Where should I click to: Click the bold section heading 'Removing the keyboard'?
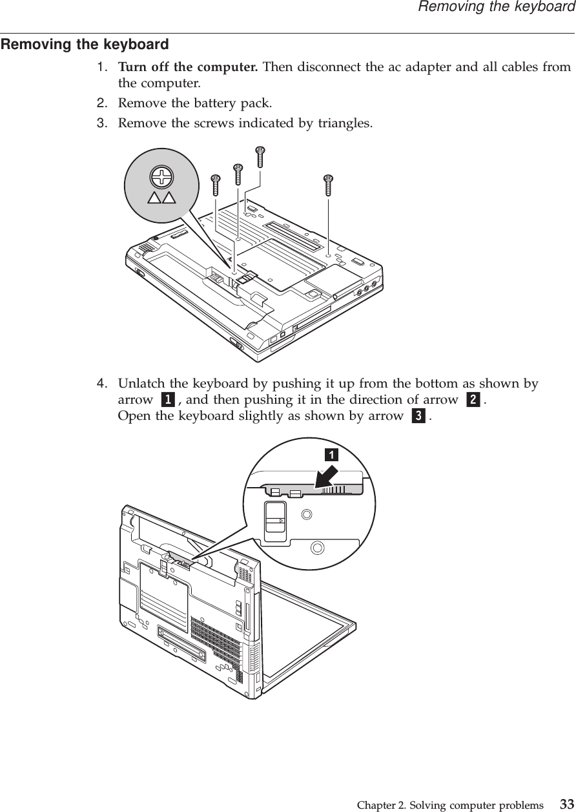pyautogui.click(x=85, y=45)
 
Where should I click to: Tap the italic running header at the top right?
pyautogui.click(x=496, y=7)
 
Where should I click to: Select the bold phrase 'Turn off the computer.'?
pyautogui.click(x=188, y=67)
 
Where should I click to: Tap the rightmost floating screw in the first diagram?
pyautogui.click(x=328, y=185)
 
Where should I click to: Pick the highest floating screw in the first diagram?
pyautogui.click(x=261, y=156)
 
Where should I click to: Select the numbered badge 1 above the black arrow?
pyautogui.click(x=330, y=455)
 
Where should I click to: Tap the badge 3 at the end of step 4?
pyautogui.click(x=418, y=417)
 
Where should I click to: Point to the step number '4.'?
pyautogui.click(x=103, y=384)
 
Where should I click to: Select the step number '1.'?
pyautogui.click(x=103, y=67)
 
